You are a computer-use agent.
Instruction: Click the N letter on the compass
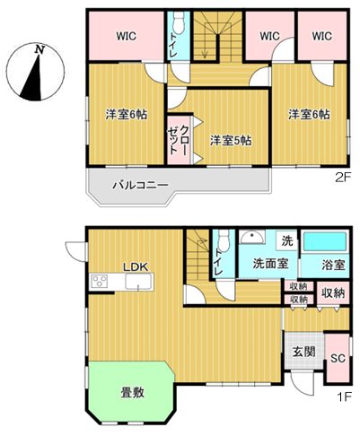pos(40,49)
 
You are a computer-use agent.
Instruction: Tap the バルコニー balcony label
pos(140,186)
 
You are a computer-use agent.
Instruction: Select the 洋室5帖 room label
pos(231,141)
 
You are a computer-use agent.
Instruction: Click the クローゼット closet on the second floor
pos(179,139)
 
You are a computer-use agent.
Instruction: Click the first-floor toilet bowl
pos(224,240)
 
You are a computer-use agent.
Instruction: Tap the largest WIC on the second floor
pos(127,36)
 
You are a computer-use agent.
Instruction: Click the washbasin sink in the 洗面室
pos(252,238)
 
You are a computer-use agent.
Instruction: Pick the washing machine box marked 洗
pos(287,240)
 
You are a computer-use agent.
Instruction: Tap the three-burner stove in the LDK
pos(100,282)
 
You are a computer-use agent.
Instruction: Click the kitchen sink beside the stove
pos(138,282)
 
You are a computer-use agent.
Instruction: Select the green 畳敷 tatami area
pos(131,392)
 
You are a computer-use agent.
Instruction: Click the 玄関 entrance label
pos(304,352)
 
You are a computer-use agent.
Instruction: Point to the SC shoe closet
pos(338,358)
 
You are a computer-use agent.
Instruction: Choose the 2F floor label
pos(342,178)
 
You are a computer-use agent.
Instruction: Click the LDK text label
pos(136,267)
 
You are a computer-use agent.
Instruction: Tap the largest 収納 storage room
pos(333,293)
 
